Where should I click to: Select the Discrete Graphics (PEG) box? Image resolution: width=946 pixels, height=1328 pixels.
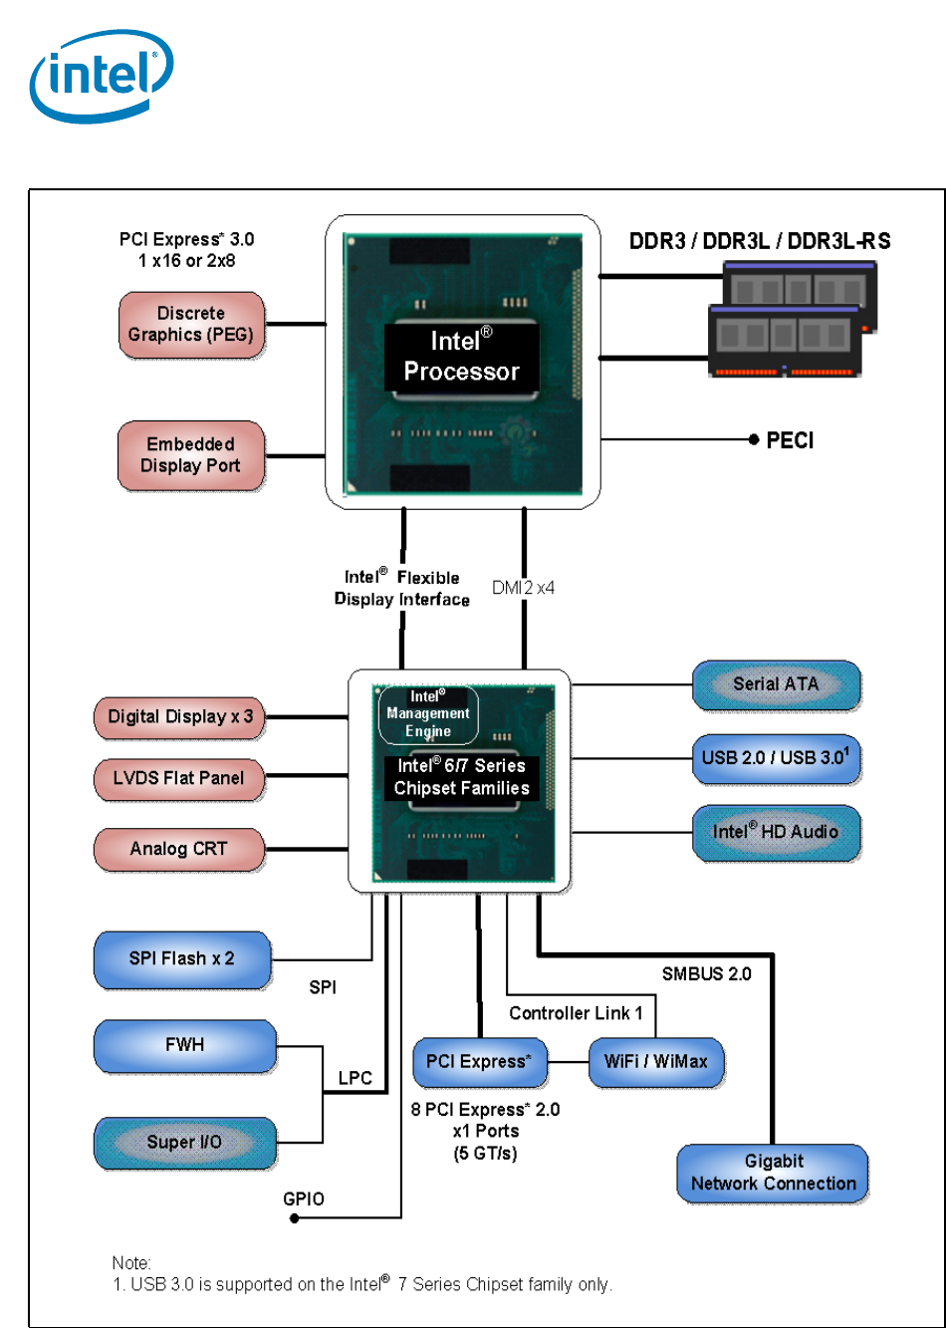tap(191, 325)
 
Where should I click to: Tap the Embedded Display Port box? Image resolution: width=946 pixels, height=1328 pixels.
tap(191, 455)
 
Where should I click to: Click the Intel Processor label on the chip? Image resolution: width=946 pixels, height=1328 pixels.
tap(462, 357)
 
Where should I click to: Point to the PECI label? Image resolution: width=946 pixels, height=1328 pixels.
tap(790, 440)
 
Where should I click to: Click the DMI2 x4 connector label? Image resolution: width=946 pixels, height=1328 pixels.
tap(523, 588)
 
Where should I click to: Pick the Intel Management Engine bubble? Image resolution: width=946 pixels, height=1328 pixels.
tap(428, 714)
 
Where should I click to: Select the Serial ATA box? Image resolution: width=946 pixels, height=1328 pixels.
tap(776, 684)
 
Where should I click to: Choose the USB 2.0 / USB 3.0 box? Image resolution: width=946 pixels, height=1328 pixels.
tap(776, 758)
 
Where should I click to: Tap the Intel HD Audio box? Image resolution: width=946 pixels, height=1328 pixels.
tap(776, 832)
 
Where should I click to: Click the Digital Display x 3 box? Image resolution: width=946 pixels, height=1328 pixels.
tap(180, 717)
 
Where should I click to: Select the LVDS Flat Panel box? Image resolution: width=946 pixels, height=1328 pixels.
tap(179, 779)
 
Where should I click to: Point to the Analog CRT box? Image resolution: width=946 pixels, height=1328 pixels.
tap(179, 850)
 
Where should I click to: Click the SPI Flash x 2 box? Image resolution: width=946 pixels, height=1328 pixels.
tap(182, 959)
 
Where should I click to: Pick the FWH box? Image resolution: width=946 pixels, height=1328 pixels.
tap(185, 1046)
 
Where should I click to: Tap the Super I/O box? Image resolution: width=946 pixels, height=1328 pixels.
tap(185, 1143)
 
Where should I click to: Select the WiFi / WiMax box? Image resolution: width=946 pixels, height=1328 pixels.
tap(655, 1062)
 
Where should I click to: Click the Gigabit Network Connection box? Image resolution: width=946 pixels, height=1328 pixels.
tap(774, 1173)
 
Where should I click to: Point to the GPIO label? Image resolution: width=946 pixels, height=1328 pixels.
tap(304, 1199)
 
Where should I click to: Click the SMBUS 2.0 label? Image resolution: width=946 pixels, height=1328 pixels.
tap(707, 974)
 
